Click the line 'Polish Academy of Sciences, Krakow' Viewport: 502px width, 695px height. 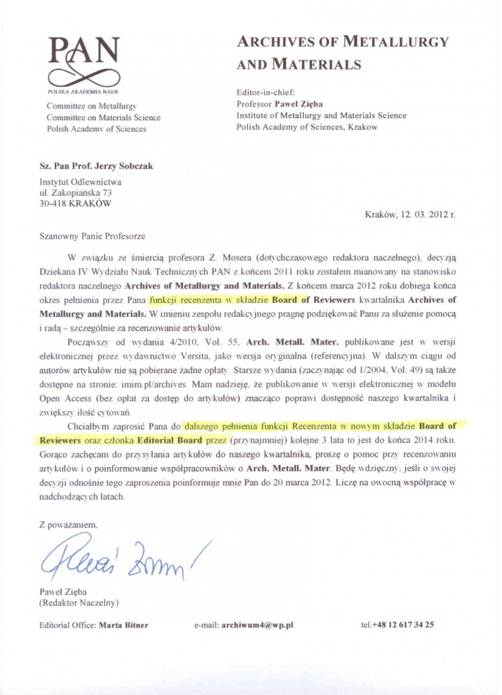pyautogui.click(x=307, y=127)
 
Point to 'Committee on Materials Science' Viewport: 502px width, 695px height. pyautogui.click(x=103, y=117)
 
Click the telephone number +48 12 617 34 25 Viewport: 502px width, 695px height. pyautogui.click(x=403, y=625)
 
